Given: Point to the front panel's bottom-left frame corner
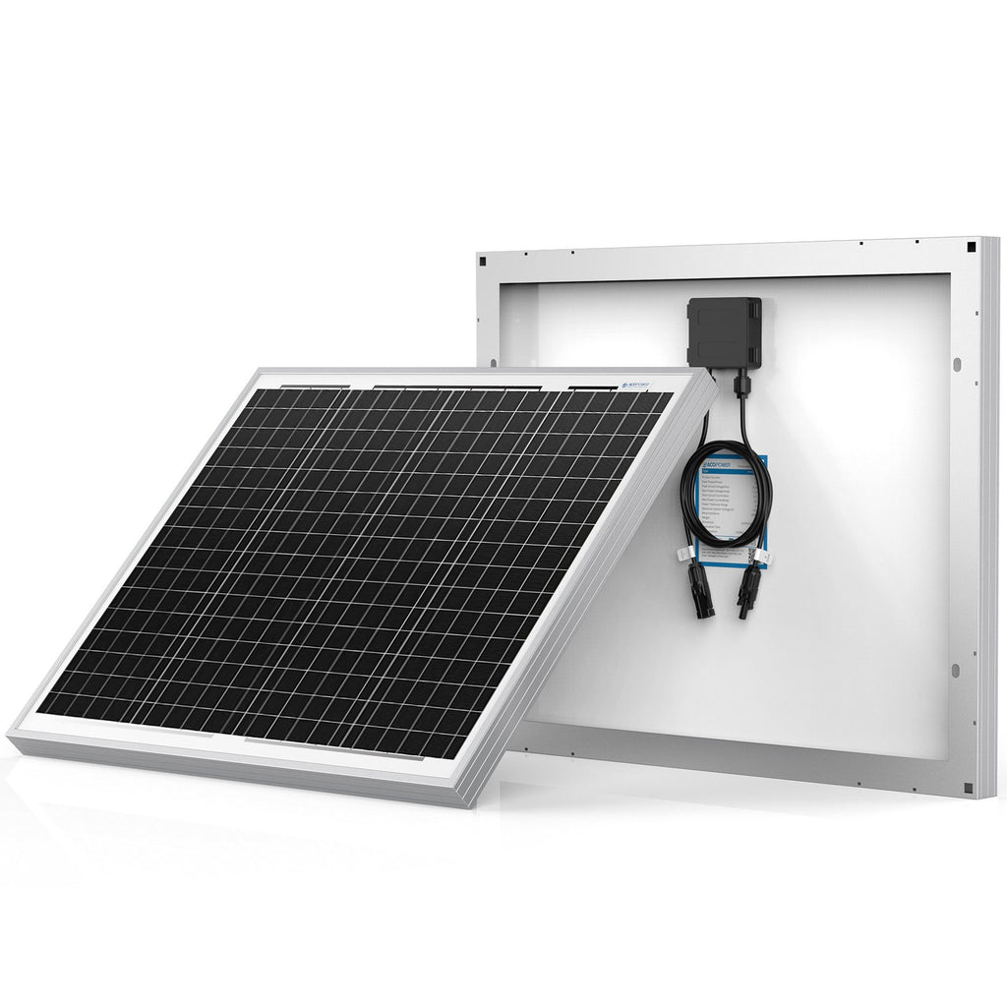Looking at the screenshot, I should click(12, 736).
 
